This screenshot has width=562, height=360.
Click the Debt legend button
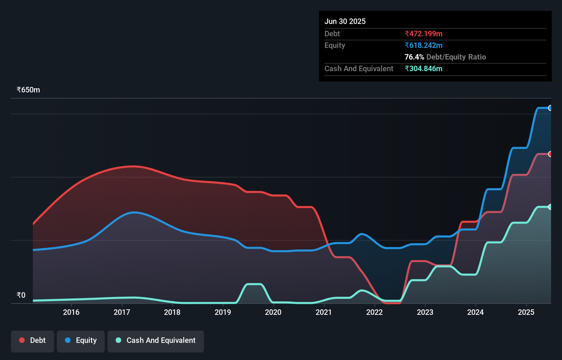pyautogui.click(x=33, y=340)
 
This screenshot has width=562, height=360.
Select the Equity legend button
pyautogui.click(x=81, y=340)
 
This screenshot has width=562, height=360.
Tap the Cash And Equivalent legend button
pyautogui.click(x=156, y=340)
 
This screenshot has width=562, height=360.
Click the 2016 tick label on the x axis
pyautogui.click(x=71, y=312)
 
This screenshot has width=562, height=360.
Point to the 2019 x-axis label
pyautogui.click(x=223, y=312)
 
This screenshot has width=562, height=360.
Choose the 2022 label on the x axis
pyautogui.click(x=374, y=312)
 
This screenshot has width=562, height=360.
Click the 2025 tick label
pyautogui.click(x=526, y=312)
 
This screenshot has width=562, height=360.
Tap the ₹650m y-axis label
pyautogui.click(x=28, y=90)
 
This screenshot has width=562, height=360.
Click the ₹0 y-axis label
pyautogui.click(x=21, y=295)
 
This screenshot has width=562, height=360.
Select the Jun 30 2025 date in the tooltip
pyautogui.click(x=345, y=21)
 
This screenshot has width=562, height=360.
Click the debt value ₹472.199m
pyautogui.click(x=423, y=34)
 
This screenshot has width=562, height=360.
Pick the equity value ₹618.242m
pyautogui.click(x=423, y=45)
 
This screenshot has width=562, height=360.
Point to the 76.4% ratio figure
pyautogui.click(x=414, y=57)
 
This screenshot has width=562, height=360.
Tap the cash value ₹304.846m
pyautogui.click(x=423, y=68)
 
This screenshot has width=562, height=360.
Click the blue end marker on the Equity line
pyautogui.click(x=550, y=108)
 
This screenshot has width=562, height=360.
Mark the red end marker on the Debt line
pyautogui.click(x=550, y=154)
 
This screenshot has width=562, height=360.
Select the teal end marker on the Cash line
pyautogui.click(x=550, y=207)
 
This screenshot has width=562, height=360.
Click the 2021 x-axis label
pyautogui.click(x=324, y=312)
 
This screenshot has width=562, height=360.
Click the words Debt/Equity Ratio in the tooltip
pyautogui.click(x=456, y=57)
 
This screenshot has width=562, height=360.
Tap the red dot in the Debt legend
pyautogui.click(x=22, y=340)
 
